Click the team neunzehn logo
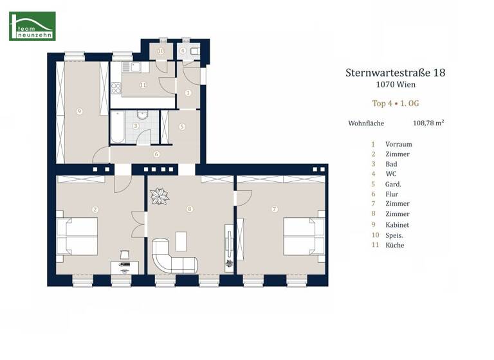click(x=32, y=26)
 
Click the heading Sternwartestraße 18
click(x=395, y=73)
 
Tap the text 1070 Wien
click(x=395, y=85)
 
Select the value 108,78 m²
click(x=428, y=122)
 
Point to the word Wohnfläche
click(x=366, y=122)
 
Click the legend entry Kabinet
click(x=397, y=225)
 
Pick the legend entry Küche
click(x=394, y=245)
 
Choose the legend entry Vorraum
click(x=398, y=145)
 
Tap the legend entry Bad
click(x=391, y=165)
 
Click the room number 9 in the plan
click(x=79, y=111)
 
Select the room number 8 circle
click(x=189, y=209)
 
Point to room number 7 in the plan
click(x=275, y=209)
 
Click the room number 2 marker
click(x=95, y=209)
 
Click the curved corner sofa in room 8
click(x=170, y=258)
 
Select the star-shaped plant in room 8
click(x=158, y=197)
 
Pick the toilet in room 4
click(x=194, y=50)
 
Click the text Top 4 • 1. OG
click(x=395, y=103)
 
